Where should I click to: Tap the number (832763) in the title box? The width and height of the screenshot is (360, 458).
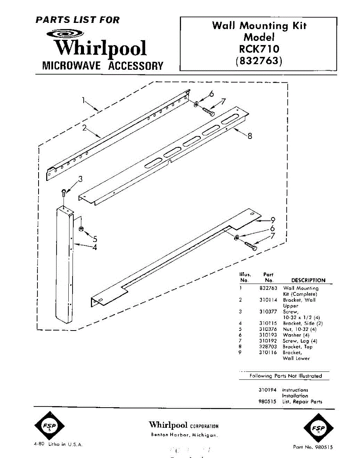[259, 61]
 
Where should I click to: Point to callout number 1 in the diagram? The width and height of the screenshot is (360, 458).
[84, 100]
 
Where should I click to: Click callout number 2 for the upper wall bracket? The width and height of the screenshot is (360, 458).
[85, 128]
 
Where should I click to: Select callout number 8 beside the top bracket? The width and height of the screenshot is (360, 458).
[250, 136]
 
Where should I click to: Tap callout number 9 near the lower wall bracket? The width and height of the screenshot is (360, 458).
[273, 220]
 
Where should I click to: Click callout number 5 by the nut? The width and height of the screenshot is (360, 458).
[95, 239]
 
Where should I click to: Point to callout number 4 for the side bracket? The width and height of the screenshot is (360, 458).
[94, 247]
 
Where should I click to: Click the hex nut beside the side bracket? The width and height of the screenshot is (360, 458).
[81, 229]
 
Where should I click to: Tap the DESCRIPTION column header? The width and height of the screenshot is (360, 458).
[308, 280]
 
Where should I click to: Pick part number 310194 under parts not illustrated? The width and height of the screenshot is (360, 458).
[268, 390]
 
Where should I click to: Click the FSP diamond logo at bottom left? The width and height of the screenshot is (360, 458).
[50, 426]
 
